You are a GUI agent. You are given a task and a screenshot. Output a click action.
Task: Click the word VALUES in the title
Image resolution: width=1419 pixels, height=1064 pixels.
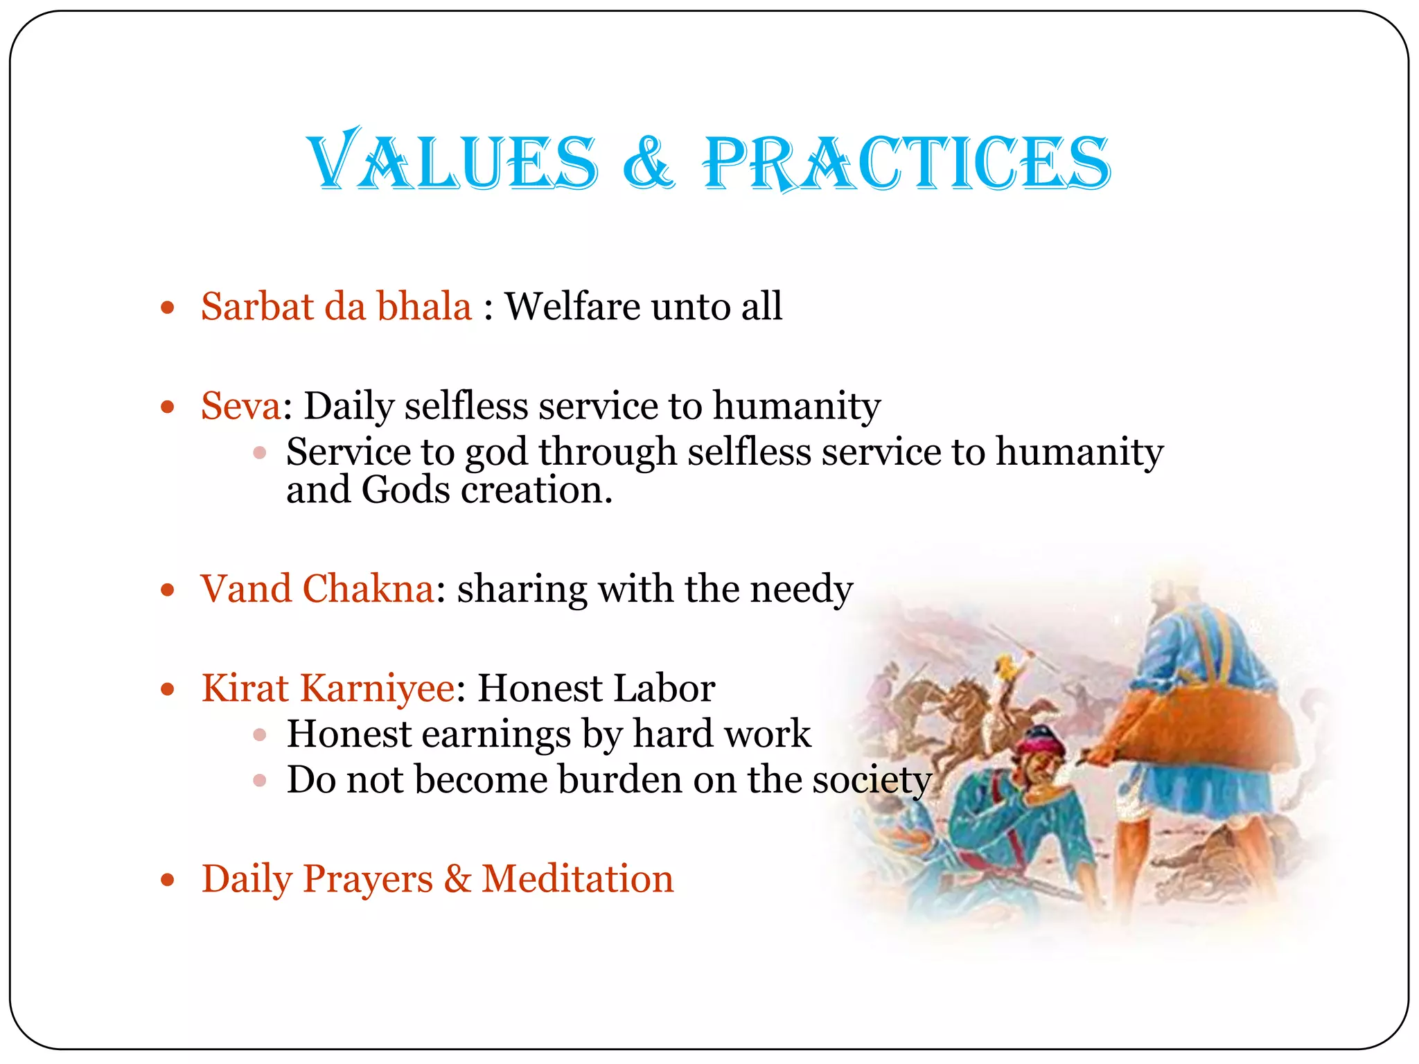click(x=454, y=162)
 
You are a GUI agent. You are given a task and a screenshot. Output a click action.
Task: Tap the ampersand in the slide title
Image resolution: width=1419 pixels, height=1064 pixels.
click(x=649, y=163)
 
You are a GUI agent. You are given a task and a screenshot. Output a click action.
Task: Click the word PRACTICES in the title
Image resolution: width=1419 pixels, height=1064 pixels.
click(x=907, y=163)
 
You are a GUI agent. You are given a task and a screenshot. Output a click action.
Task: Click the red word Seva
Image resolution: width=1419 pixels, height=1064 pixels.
click(x=240, y=406)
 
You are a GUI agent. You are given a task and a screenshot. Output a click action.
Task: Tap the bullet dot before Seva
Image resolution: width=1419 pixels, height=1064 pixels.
click(x=167, y=407)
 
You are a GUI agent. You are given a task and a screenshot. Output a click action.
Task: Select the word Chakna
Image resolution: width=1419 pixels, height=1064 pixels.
click(x=368, y=589)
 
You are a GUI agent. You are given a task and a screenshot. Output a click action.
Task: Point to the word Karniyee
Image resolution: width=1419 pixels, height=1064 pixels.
click(x=378, y=689)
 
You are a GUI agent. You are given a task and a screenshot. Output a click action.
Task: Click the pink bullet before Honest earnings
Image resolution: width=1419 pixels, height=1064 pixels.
click(x=260, y=735)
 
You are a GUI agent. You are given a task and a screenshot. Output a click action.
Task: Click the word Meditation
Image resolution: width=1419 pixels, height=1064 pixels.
click(x=577, y=879)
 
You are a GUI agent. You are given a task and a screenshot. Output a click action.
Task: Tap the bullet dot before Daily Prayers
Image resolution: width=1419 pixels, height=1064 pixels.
click(x=167, y=880)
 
